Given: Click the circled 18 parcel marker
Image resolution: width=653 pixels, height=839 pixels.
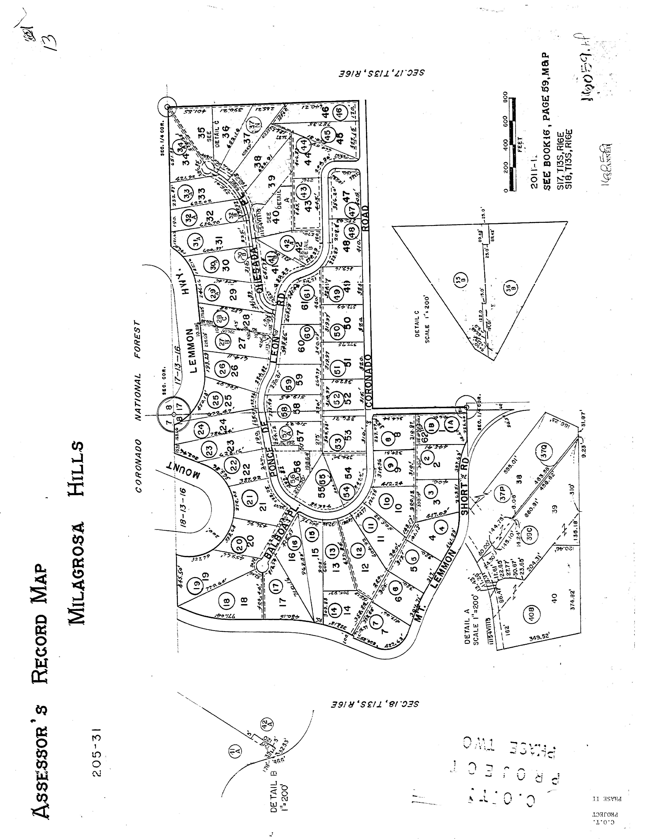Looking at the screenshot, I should (226, 601).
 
